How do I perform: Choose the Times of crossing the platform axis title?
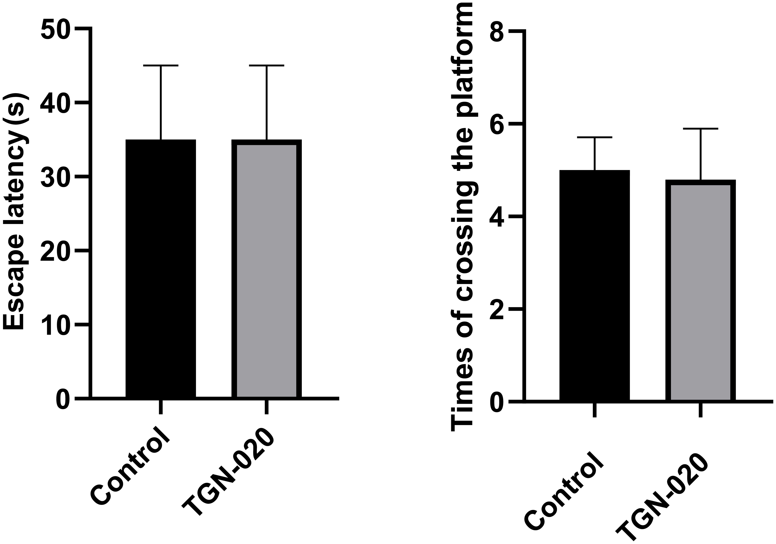465,216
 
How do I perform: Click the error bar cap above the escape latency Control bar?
161,65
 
